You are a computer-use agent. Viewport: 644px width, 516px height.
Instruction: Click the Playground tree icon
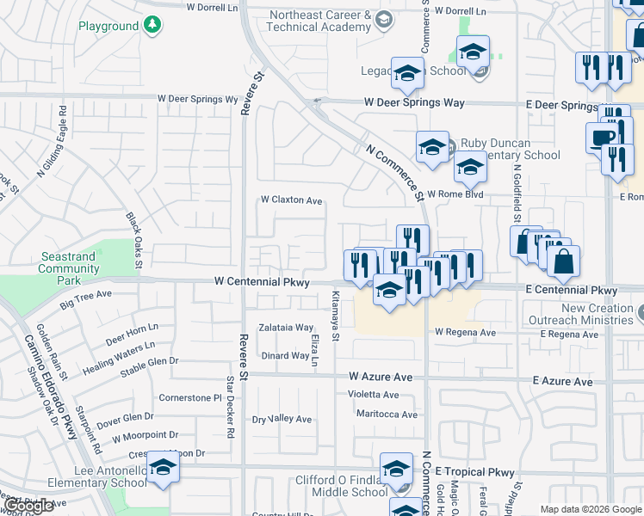click(x=152, y=25)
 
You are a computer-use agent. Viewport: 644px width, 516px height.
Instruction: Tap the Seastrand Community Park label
click(x=69, y=268)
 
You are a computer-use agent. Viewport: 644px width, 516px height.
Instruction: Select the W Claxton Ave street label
click(x=292, y=200)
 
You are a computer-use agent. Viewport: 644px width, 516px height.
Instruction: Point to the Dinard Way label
click(x=285, y=356)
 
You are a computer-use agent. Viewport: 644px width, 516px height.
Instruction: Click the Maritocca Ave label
click(x=387, y=415)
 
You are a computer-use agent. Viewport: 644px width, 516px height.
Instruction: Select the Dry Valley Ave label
click(x=282, y=419)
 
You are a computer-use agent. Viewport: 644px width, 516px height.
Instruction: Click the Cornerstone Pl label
click(x=190, y=398)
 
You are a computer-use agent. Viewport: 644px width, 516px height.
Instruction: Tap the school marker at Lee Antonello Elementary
click(x=161, y=467)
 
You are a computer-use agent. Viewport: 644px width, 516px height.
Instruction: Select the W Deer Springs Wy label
click(x=197, y=99)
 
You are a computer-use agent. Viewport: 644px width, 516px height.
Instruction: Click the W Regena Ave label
click(x=465, y=332)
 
